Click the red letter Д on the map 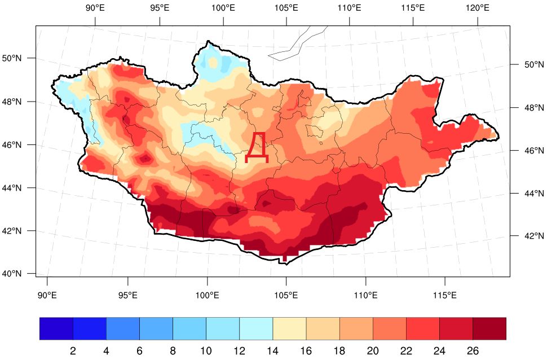pyautogui.click(x=257, y=148)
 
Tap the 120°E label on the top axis pyautogui.click(x=478, y=8)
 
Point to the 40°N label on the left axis pyautogui.click(x=13, y=274)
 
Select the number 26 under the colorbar pyautogui.click(x=473, y=351)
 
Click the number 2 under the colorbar pyautogui.click(x=73, y=351)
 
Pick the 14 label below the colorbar pyautogui.click(x=272, y=351)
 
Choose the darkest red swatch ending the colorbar pyautogui.click(x=489, y=328)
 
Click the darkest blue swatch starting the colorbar pyautogui.click(x=56, y=328)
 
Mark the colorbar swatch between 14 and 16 pyautogui.click(x=289, y=328)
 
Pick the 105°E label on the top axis pyautogui.click(x=286, y=8)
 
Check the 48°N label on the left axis pyautogui.click(x=13, y=102)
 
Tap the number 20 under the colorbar pyautogui.click(x=373, y=351)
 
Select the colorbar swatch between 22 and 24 pyautogui.click(x=422, y=328)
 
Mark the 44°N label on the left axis pyautogui.click(x=13, y=188)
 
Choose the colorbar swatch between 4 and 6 pyautogui.click(x=123, y=328)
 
